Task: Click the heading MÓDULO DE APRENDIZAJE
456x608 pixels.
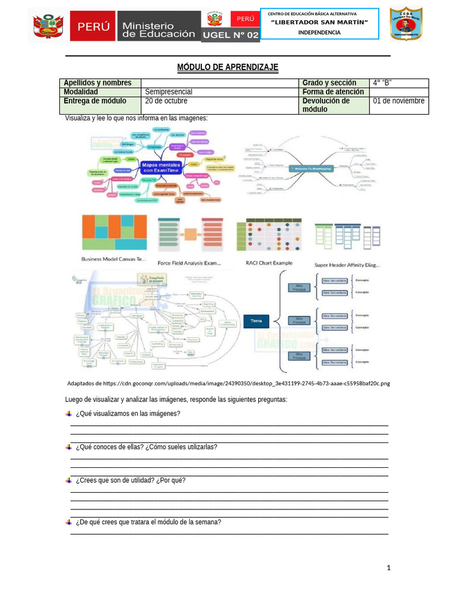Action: tap(227, 67)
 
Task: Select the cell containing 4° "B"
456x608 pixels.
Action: tap(398, 83)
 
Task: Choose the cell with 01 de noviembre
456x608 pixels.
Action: tap(398, 101)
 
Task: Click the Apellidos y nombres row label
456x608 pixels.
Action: tap(100, 83)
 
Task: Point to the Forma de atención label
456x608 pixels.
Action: tap(334, 92)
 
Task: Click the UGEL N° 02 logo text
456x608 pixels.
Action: tap(230, 36)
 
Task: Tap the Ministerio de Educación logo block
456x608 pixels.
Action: tap(158, 26)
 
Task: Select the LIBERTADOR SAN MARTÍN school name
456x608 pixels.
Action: tap(319, 23)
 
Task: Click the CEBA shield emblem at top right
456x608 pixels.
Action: tap(406, 24)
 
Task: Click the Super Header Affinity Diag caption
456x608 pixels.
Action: tap(347, 265)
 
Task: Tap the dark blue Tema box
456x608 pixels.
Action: tap(256, 321)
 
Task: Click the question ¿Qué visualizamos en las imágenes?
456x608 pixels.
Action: tap(128, 414)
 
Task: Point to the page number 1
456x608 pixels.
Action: tap(388, 568)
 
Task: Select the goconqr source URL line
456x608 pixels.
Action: tap(229, 384)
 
